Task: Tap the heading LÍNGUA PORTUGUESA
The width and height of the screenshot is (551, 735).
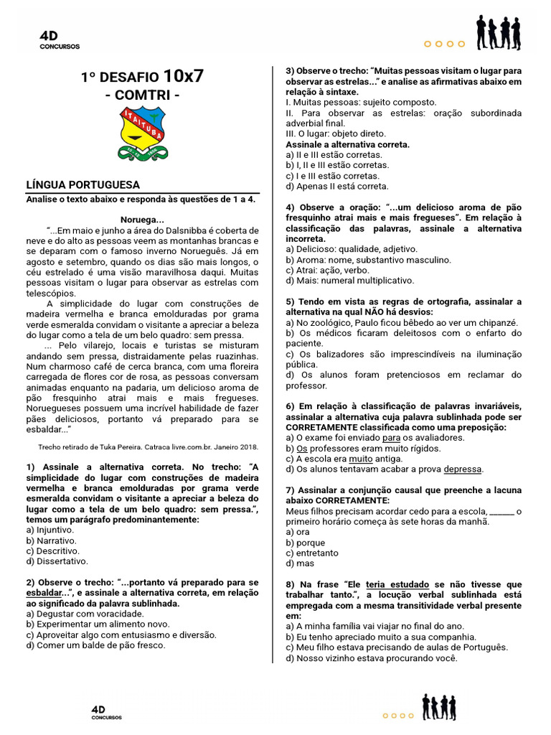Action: (83, 184)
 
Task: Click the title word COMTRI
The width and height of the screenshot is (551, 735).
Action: (142, 95)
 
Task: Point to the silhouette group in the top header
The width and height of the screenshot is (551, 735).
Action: (499, 33)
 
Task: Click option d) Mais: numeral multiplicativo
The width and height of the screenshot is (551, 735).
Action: (349, 281)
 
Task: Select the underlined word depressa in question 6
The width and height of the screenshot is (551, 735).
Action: (463, 469)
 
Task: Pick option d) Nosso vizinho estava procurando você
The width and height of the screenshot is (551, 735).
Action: (371, 657)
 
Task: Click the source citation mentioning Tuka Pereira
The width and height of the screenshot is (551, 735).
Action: (148, 446)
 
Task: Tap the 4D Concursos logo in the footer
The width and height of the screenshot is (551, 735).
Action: (106, 712)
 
